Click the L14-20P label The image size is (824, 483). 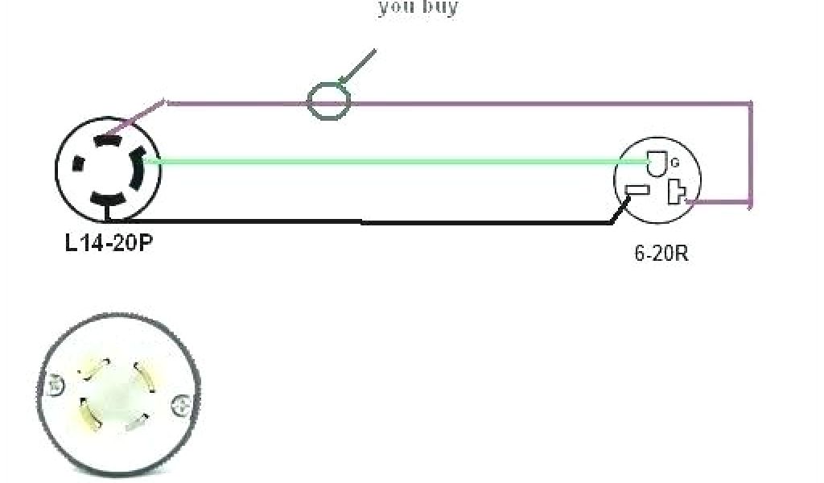click(x=108, y=241)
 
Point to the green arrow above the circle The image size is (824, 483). click(x=357, y=65)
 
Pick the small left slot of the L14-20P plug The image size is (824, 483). click(x=78, y=163)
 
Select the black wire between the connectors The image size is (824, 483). click(x=362, y=222)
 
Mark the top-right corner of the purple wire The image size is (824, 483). click(x=751, y=103)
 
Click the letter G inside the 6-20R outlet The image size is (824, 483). click(x=675, y=162)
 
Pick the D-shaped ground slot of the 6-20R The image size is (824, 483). click(x=656, y=165)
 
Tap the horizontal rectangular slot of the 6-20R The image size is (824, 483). click(x=637, y=192)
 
